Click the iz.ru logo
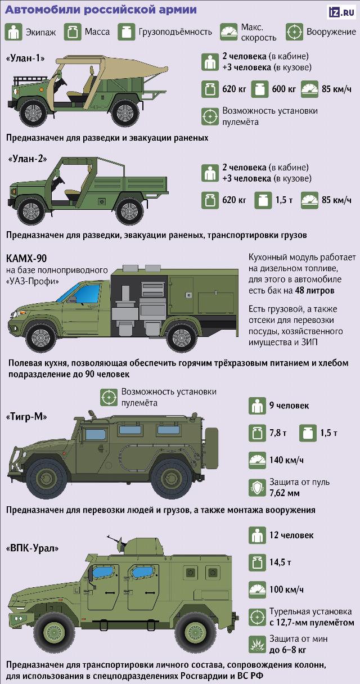point(342,12)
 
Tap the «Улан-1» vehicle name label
point(25,58)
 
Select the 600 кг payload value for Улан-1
point(283,89)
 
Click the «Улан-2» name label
point(28,159)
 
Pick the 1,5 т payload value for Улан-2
point(284,200)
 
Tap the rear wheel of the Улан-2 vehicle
point(129,211)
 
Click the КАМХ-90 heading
point(26,258)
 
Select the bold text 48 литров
point(314,290)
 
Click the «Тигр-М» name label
point(26,417)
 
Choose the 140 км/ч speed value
point(286,460)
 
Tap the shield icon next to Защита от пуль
point(258,487)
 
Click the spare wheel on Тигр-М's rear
point(211,448)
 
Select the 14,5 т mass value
point(280,562)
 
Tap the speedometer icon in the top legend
point(229,32)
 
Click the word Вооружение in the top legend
point(331,31)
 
